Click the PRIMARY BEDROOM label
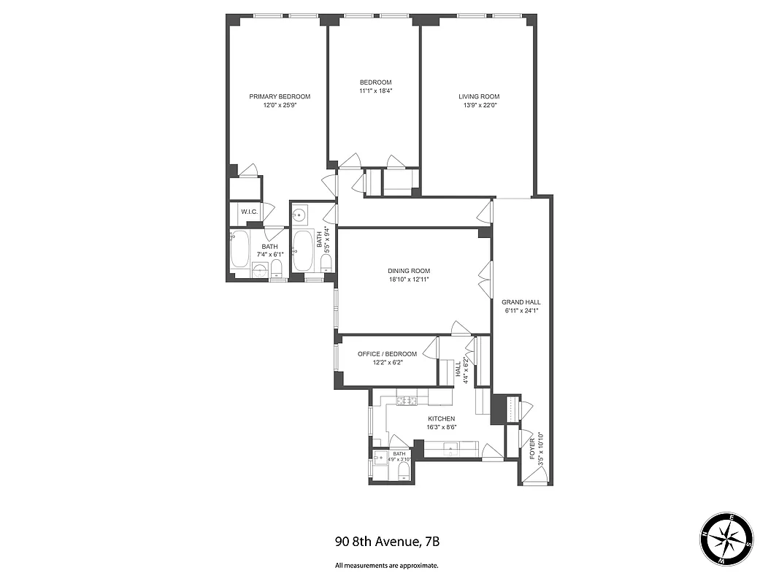[x=280, y=96]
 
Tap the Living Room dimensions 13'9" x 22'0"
[x=479, y=105]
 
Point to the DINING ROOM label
[x=408, y=271]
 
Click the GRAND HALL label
[x=521, y=301]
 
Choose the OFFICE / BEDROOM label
[x=387, y=354]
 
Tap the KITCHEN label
[x=441, y=419]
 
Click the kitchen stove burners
[x=406, y=400]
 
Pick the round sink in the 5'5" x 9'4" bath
[x=300, y=215]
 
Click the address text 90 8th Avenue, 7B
[x=387, y=542]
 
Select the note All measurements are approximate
[x=387, y=565]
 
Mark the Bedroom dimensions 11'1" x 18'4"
[x=375, y=91]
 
